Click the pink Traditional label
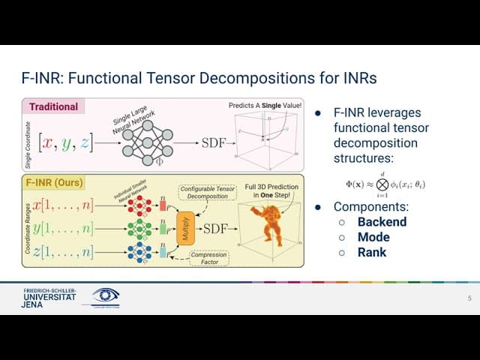click(54, 107)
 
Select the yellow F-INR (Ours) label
click(55, 182)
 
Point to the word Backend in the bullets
click(382, 222)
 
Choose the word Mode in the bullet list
click(373, 237)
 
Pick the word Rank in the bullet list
click(372, 252)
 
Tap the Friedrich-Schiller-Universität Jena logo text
click(49, 298)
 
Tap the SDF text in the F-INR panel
click(217, 227)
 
